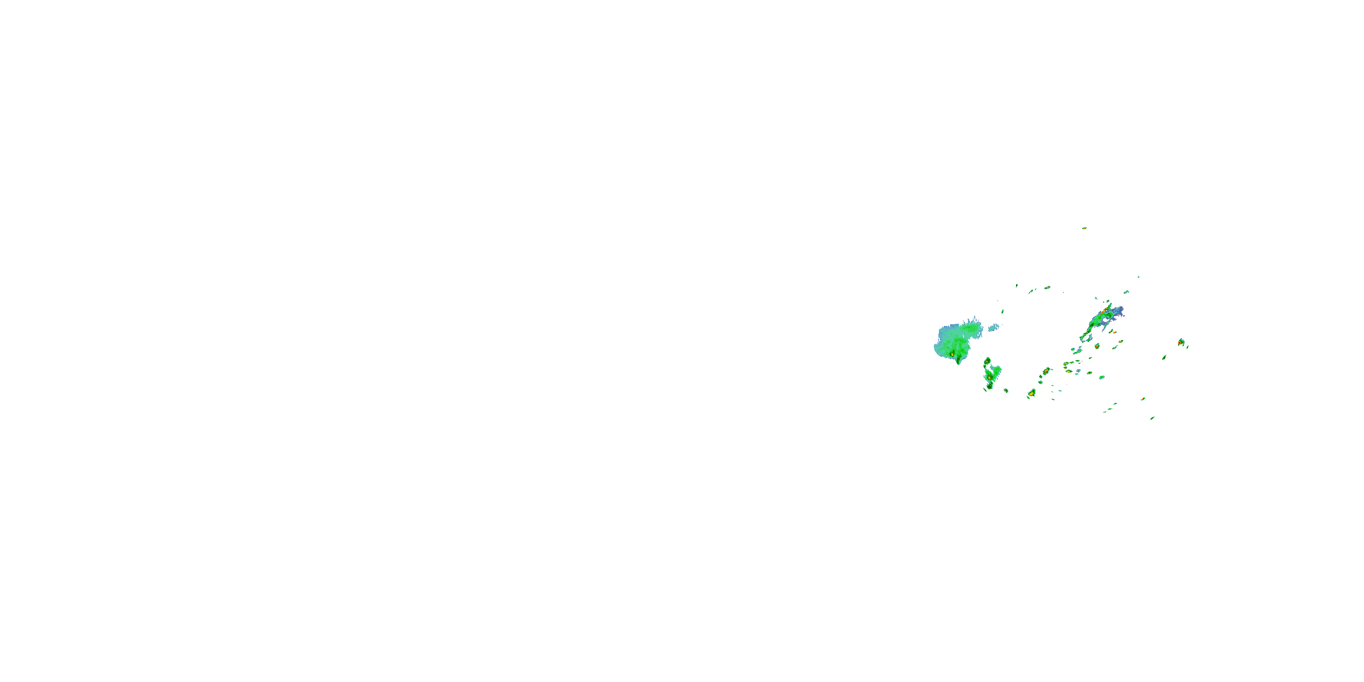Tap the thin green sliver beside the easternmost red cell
pos(1187,347)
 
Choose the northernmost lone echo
pos(1084,228)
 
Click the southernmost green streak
pos(1152,418)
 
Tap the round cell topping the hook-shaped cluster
pos(987,361)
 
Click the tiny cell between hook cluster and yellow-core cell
pos(1006,391)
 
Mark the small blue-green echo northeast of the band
pos(1126,292)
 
